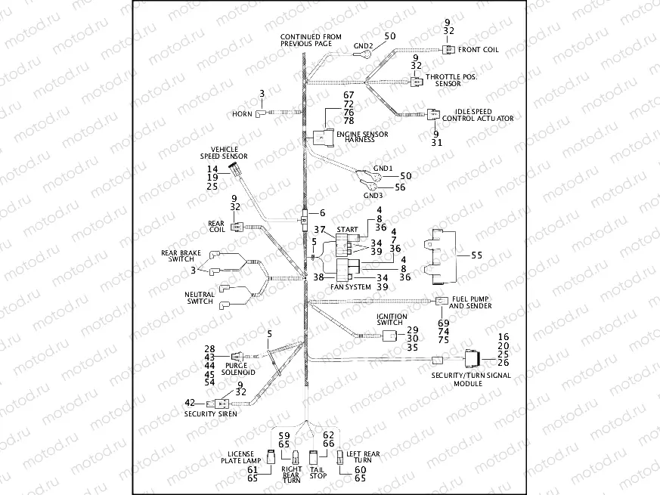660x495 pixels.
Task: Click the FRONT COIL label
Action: pos(479,50)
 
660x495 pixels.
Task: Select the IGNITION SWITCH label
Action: pos(392,320)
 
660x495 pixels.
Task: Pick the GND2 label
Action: pos(364,46)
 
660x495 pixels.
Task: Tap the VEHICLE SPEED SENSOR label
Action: pos(224,153)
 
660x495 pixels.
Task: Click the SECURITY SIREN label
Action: pos(211,413)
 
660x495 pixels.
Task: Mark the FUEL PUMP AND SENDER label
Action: pos(470,302)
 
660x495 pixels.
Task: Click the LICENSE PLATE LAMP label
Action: pos(241,457)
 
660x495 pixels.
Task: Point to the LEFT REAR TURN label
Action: pos(366,456)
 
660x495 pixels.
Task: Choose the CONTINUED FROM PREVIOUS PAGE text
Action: pos(311,40)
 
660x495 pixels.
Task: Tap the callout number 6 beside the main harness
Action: pos(321,214)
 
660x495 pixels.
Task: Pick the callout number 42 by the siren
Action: pos(190,402)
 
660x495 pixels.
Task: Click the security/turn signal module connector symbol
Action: pos(476,359)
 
